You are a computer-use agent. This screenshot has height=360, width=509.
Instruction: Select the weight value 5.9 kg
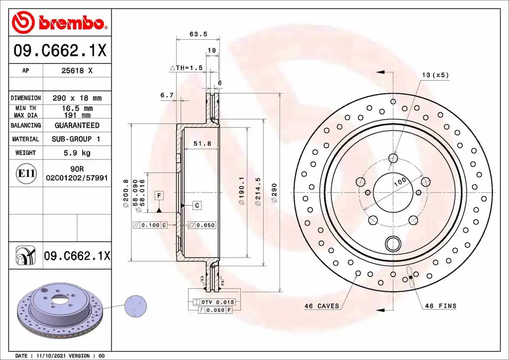tap(77, 153)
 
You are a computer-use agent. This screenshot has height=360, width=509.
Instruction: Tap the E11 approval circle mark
tap(26, 173)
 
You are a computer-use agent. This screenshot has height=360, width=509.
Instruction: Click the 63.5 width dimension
tap(199, 34)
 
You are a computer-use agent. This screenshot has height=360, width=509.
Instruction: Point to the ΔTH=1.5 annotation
tap(186, 68)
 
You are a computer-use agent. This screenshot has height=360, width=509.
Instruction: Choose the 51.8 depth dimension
tap(202, 143)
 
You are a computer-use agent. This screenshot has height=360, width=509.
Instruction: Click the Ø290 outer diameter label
tap(274, 193)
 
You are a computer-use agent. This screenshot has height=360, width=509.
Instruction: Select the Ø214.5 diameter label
tap(258, 191)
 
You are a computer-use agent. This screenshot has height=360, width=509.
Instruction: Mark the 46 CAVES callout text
tap(322, 306)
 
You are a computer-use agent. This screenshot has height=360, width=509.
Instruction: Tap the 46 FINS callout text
tap(440, 306)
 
